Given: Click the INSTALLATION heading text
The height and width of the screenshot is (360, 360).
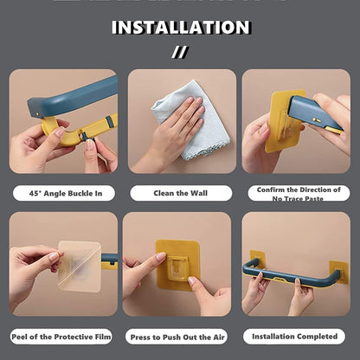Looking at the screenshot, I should [x=180, y=27].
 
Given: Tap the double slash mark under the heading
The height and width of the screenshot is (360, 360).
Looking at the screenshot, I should [x=180, y=52].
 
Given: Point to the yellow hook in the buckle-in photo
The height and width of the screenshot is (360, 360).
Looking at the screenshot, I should [x=61, y=134].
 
